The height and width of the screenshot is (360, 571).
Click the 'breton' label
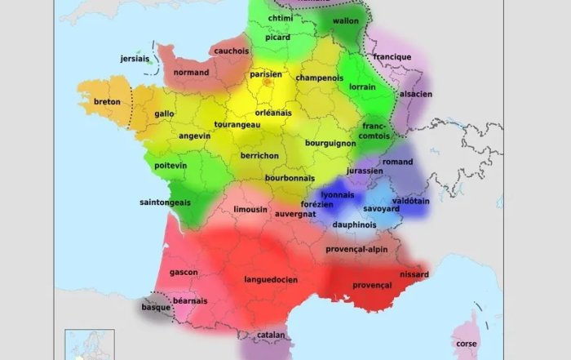click(107, 102)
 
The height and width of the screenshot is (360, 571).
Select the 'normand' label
click(192, 73)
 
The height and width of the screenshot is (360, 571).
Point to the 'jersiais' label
click(135, 59)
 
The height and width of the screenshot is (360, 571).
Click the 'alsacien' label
click(416, 94)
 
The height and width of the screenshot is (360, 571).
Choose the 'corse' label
click(467, 344)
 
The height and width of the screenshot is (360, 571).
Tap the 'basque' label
click(156, 308)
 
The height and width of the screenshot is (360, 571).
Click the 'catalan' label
click(271, 335)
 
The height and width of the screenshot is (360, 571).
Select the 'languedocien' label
click(271, 280)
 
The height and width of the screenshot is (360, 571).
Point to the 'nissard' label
click(414, 274)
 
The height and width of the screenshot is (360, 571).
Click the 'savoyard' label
click(381, 209)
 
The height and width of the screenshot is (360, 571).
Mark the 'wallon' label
click(346, 20)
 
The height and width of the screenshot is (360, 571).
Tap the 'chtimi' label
click(280, 18)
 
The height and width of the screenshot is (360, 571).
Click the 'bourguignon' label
click(330, 143)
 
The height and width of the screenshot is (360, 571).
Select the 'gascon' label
click(184, 272)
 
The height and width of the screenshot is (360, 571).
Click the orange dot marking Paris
click(266, 82)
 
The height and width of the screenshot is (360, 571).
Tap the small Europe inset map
click(90, 344)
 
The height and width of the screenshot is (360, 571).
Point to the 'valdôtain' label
click(409, 200)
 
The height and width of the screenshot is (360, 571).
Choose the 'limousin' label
click(250, 209)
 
